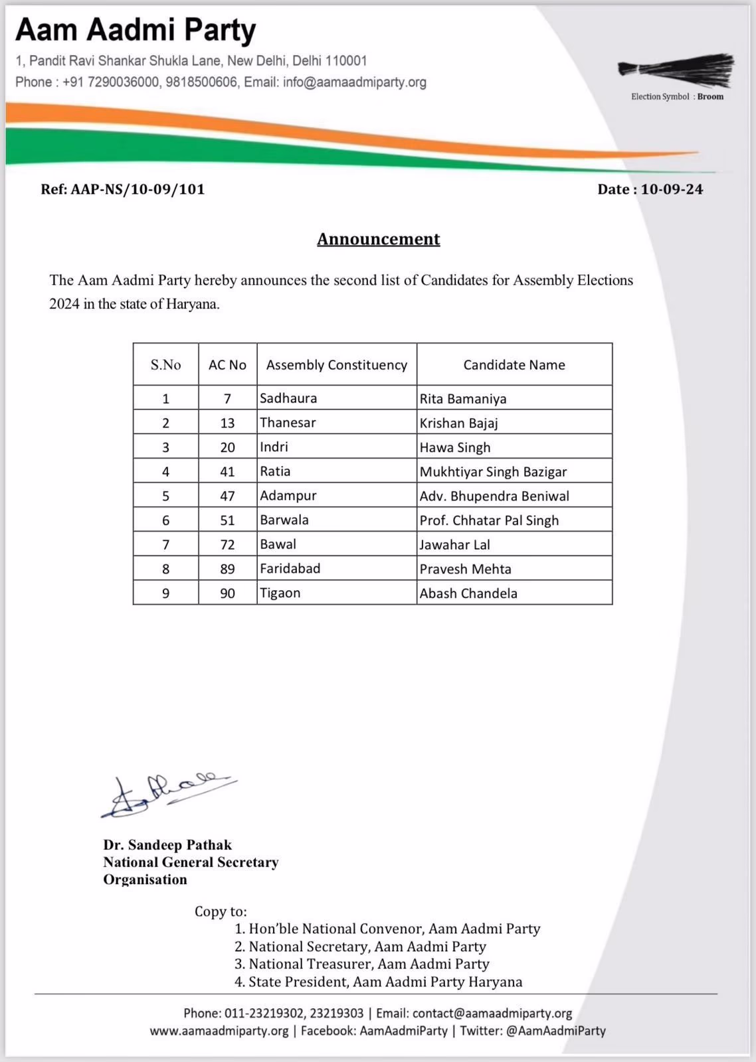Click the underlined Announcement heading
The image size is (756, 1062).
378,239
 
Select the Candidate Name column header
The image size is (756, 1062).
514,364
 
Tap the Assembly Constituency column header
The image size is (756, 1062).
336,364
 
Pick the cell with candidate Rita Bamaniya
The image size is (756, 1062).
463,399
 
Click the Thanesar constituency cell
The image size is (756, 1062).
288,423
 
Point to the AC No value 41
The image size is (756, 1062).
227,472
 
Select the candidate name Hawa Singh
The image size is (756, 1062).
455,447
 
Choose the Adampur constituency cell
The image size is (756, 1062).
288,496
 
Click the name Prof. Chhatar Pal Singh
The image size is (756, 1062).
489,520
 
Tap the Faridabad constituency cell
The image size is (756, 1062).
290,569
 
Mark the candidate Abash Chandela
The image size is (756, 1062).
468,593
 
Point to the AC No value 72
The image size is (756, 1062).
227,545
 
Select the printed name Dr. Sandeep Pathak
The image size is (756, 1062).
167,845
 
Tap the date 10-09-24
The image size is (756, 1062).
672,189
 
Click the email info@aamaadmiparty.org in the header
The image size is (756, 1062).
355,82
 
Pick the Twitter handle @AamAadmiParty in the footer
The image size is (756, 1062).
555,1031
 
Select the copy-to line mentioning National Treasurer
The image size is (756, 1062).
362,964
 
